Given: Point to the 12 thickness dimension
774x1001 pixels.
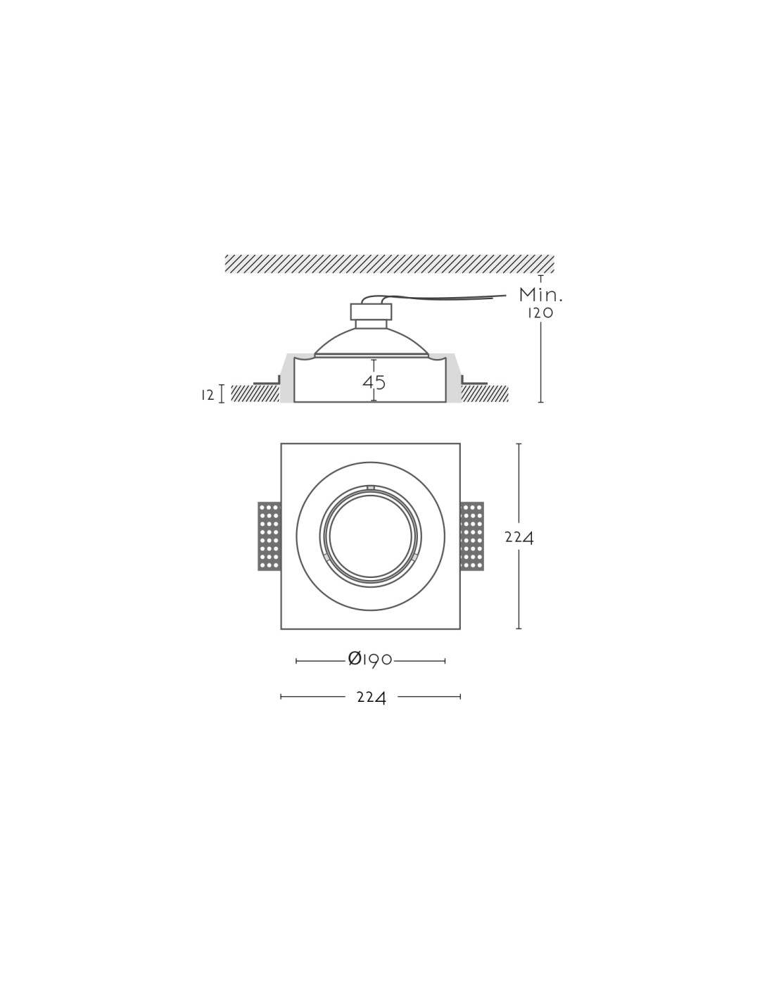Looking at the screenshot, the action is click(x=208, y=395).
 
